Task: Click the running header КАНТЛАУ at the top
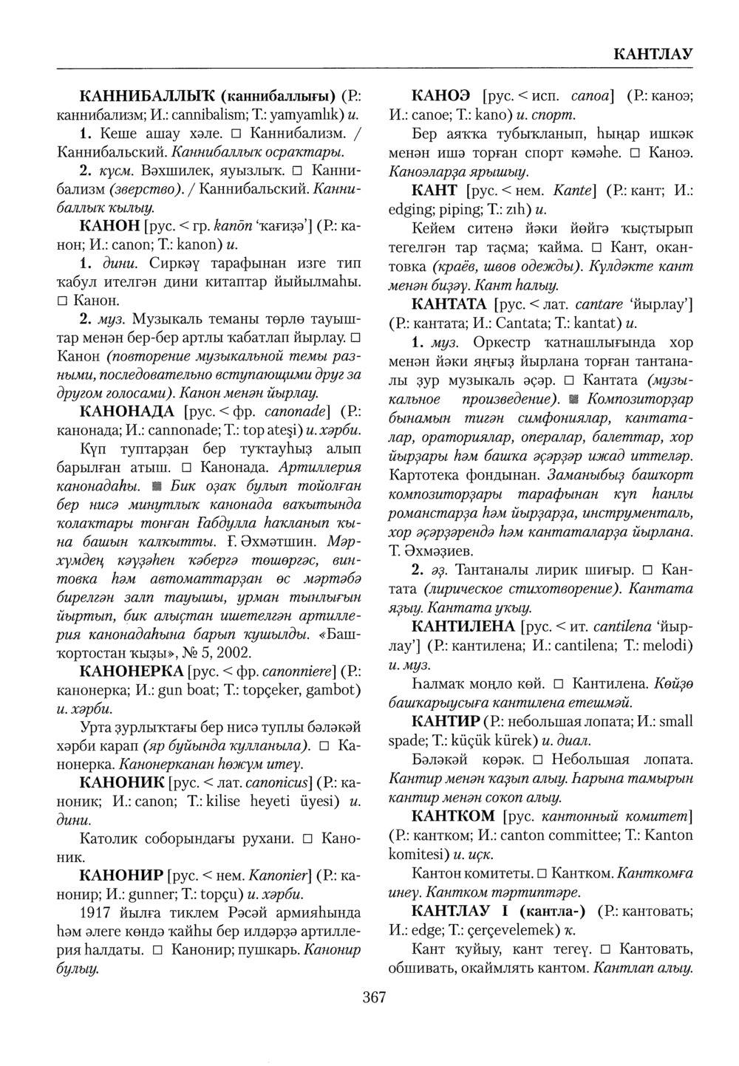[x=652, y=54]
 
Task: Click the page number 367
[x=375, y=997]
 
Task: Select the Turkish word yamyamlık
[x=302, y=115]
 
